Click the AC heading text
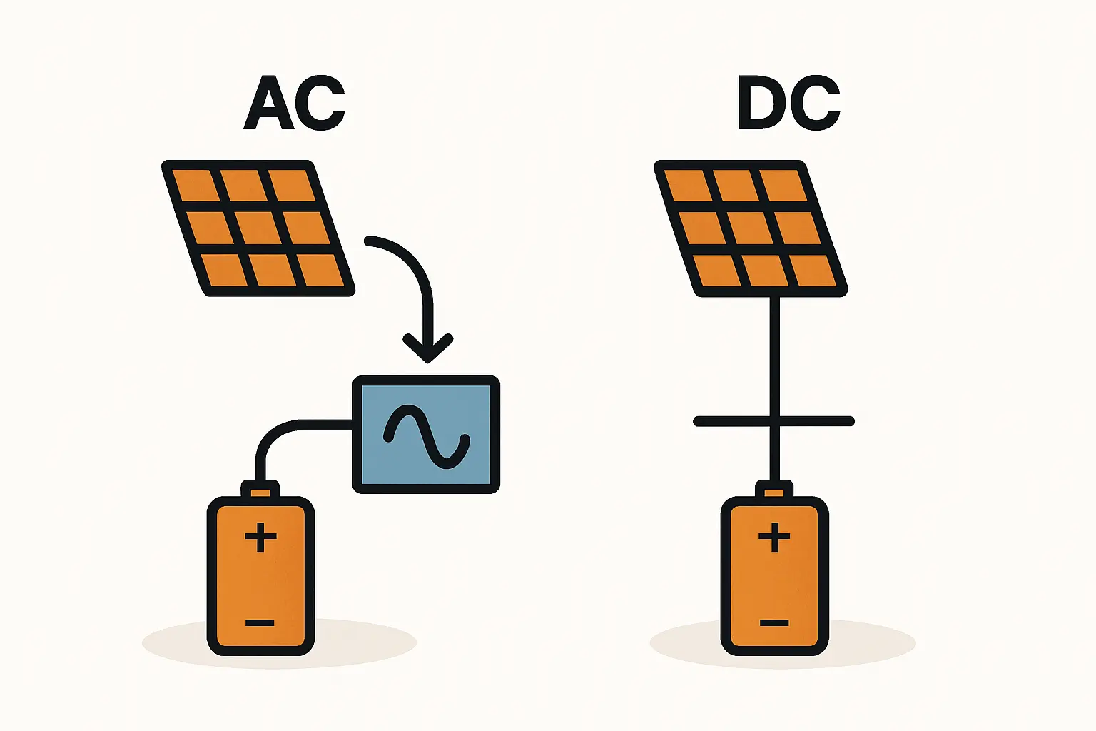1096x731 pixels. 294,104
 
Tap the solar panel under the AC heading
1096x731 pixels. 258,228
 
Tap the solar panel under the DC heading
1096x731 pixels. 750,228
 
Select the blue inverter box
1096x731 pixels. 426,434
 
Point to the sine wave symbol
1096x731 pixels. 426,435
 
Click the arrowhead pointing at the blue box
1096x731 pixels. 427,348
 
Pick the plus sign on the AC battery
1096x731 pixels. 260,537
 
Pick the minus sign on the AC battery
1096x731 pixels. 260,623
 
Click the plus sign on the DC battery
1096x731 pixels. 774,537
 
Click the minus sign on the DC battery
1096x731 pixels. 774,623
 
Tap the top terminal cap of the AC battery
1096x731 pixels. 260,491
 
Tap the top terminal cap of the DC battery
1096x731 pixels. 774,491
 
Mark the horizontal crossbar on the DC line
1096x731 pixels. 774,421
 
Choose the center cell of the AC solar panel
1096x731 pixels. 258,228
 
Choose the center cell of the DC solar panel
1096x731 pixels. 750,228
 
